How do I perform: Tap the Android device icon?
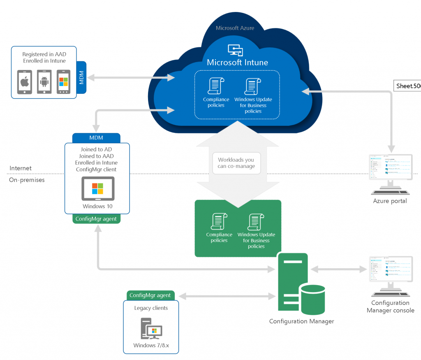tap(44, 82)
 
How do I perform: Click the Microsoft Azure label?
tap(235, 28)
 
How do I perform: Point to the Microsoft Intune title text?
tap(237, 63)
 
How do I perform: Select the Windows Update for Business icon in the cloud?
tap(251, 86)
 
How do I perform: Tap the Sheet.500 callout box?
tap(407, 86)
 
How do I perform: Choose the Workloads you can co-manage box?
tap(236, 163)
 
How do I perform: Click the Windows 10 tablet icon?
tap(98, 188)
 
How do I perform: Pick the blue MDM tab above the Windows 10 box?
tap(96, 138)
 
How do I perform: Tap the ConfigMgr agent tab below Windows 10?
tap(96, 219)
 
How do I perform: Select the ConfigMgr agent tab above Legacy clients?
tap(150, 295)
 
